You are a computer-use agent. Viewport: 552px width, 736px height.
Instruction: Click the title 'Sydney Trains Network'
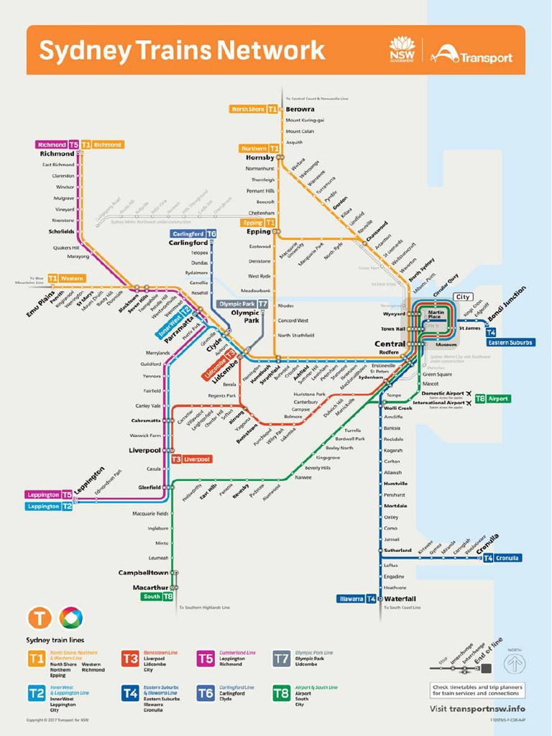pyautogui.click(x=181, y=50)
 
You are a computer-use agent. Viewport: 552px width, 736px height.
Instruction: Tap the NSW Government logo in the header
pyautogui.click(x=402, y=50)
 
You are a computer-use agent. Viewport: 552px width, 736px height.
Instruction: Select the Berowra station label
pyautogui.click(x=300, y=109)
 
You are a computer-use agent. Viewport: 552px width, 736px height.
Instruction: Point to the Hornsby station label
pyautogui.click(x=259, y=157)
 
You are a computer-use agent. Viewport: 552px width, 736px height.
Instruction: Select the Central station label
pyautogui.click(x=390, y=344)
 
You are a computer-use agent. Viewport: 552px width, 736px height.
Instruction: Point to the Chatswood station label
pyautogui.click(x=376, y=231)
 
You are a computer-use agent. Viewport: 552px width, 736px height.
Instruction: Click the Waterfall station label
pyautogui.click(x=400, y=599)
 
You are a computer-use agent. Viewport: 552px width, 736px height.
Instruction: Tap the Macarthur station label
pyautogui.click(x=150, y=587)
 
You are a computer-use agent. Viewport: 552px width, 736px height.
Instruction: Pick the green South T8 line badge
pyautogui.click(x=157, y=597)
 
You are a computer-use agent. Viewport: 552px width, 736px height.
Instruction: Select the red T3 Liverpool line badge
pyautogui.click(x=190, y=459)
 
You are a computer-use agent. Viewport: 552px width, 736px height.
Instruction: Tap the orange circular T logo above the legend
pyautogui.click(x=40, y=617)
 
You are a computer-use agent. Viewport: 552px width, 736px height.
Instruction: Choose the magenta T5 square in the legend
pyautogui.click(x=206, y=658)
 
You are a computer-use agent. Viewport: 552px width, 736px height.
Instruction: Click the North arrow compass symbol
pyautogui.click(x=515, y=662)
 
